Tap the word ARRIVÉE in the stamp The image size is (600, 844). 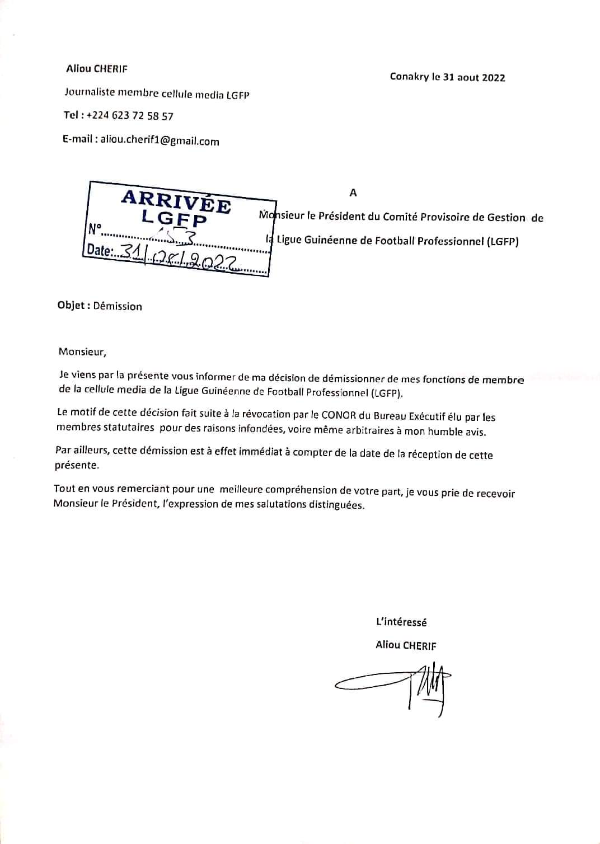click(x=176, y=201)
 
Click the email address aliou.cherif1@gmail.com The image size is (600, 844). click(x=160, y=141)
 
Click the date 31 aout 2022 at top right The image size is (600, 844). click(x=474, y=78)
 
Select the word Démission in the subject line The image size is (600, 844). click(x=118, y=306)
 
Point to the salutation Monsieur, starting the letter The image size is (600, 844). click(x=82, y=352)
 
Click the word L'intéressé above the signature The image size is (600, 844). click(x=401, y=622)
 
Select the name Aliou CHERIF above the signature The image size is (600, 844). click(x=406, y=645)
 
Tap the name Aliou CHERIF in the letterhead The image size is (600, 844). click(x=97, y=69)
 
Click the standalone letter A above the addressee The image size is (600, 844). click(x=353, y=193)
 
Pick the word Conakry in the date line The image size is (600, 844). click(x=409, y=77)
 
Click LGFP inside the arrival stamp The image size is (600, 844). click(x=174, y=218)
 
